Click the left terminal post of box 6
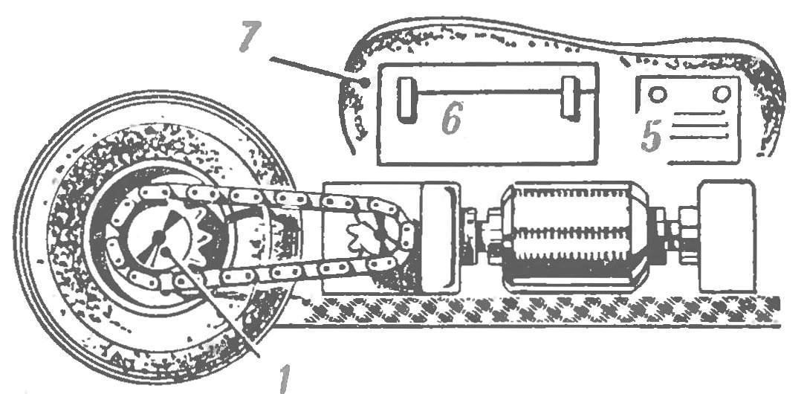(x=407, y=100)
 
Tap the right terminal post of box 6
(x=570, y=98)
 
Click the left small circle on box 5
(x=658, y=94)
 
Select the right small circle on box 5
(x=722, y=93)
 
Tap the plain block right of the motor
(x=727, y=236)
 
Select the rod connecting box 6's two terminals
(x=489, y=92)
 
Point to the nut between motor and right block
(x=674, y=234)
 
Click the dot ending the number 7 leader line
(x=365, y=82)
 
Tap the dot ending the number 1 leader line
(x=166, y=251)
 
